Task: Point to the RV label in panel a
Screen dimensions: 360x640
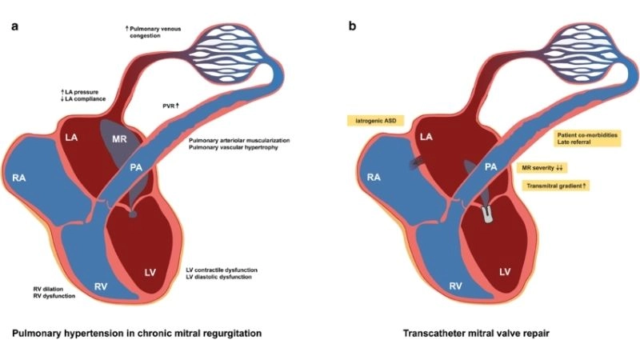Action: (x=102, y=286)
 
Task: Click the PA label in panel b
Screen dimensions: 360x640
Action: (x=491, y=167)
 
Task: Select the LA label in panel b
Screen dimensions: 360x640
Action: (x=424, y=138)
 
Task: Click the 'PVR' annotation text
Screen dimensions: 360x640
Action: (x=169, y=105)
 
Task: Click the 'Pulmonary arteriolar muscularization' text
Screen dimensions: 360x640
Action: (x=239, y=141)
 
